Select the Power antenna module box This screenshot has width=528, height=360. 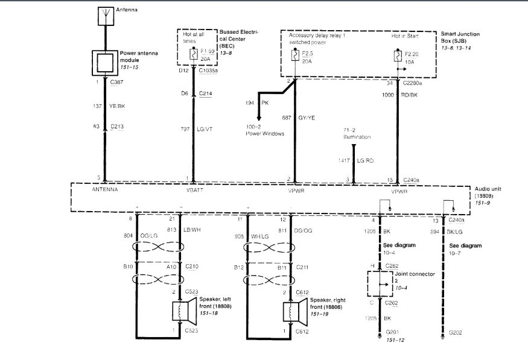pyautogui.click(x=104, y=62)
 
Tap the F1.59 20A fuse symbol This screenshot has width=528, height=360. pyautogui.click(x=193, y=53)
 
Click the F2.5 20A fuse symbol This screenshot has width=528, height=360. pyautogui.click(x=294, y=55)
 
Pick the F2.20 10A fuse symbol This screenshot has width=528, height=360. pyautogui.click(x=397, y=56)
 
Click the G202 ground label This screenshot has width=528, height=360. pyautogui.click(x=458, y=333)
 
